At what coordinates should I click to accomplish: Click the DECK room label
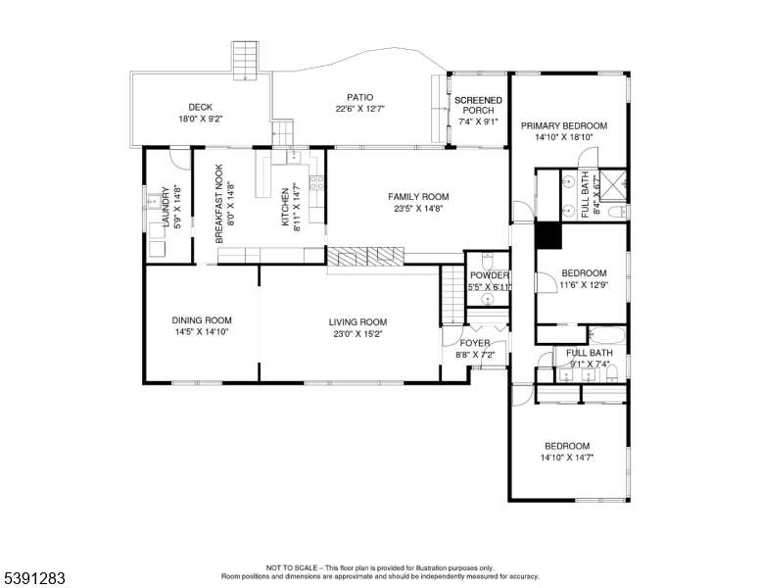pyautogui.click(x=200, y=107)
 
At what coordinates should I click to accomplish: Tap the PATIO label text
pyautogui.click(x=360, y=98)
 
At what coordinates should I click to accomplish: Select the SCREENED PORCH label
pyautogui.click(x=478, y=105)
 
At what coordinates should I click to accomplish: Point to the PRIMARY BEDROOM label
pyautogui.click(x=564, y=125)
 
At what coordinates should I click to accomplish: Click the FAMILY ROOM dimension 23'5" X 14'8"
pyautogui.click(x=418, y=209)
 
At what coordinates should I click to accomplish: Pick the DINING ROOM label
pyautogui.click(x=202, y=320)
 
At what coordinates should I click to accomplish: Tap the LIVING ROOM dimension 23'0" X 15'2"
pyautogui.click(x=357, y=334)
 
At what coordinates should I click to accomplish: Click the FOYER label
pyautogui.click(x=475, y=343)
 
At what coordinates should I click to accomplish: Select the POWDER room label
pyautogui.click(x=490, y=275)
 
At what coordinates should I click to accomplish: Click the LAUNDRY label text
pyautogui.click(x=166, y=207)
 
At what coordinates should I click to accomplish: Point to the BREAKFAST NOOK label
pyautogui.click(x=219, y=204)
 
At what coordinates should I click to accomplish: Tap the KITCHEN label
pyautogui.click(x=285, y=207)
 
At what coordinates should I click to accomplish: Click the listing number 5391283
pyautogui.click(x=34, y=578)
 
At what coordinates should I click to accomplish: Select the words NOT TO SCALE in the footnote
pyautogui.click(x=291, y=567)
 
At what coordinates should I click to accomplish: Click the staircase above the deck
pyautogui.click(x=245, y=61)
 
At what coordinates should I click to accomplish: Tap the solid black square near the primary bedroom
pyautogui.click(x=548, y=235)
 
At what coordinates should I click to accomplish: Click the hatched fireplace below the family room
pyautogui.click(x=365, y=256)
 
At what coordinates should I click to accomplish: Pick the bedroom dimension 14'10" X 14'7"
pyautogui.click(x=567, y=458)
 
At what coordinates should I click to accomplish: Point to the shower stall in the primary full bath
pyautogui.click(x=613, y=185)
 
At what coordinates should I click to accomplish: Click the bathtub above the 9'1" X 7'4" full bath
pyautogui.click(x=607, y=335)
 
